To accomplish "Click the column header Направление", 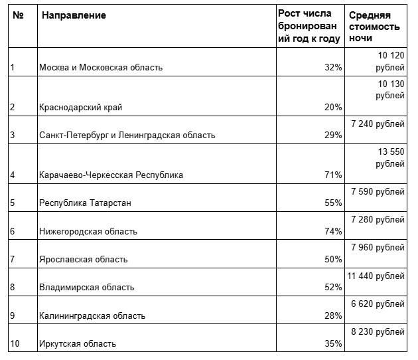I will coord(74,15).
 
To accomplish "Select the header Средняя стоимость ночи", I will coord(374,27).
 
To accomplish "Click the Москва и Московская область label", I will coord(101,67).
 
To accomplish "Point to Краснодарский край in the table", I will coord(81,107).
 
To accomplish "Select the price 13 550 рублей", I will coord(385,157).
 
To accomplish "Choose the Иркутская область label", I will coord(78,343).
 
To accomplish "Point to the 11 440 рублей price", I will coord(376,276).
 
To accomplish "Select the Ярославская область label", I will coord(84,259).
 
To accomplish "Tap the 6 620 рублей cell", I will coord(377,304).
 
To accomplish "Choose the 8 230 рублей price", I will coord(377,331).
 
